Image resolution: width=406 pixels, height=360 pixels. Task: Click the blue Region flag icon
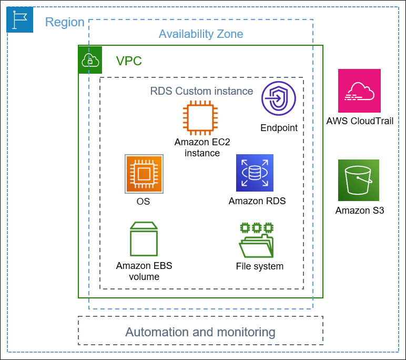pos(19,19)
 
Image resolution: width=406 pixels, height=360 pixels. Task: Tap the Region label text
pos(65,22)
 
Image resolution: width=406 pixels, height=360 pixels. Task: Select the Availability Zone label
pos(201,34)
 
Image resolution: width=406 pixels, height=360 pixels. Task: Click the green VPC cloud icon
pos(90,60)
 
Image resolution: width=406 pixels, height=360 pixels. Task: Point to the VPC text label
pos(129,61)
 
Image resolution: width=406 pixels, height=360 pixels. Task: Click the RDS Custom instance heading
pos(201,91)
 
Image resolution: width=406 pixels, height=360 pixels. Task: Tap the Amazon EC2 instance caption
pos(202,147)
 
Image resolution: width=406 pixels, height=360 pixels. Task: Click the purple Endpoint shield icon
pos(279,98)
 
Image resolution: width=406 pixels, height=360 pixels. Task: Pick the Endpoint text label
pos(279,128)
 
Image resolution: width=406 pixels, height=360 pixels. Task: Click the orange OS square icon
pos(144,174)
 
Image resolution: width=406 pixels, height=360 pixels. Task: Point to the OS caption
pos(143,202)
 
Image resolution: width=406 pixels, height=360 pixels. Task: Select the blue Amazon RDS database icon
pos(255,173)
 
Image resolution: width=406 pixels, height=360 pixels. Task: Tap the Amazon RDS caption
pos(257,201)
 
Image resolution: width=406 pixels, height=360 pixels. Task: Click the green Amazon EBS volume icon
pos(144,239)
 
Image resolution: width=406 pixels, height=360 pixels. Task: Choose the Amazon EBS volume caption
pos(144,271)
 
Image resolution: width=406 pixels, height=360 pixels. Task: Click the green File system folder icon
pos(257,240)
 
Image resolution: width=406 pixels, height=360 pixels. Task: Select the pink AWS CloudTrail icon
pos(359,91)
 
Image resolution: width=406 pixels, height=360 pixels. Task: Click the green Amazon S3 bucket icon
pos(359,181)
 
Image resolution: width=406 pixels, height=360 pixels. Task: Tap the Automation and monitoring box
pos(200,332)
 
